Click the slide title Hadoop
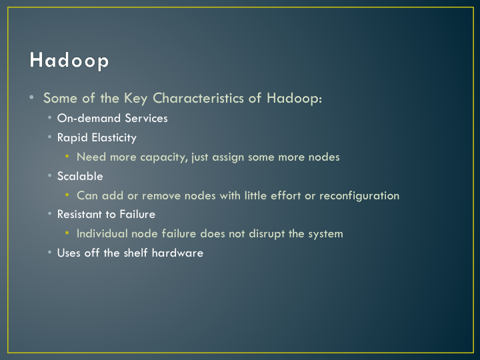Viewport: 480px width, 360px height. pyautogui.click(x=69, y=60)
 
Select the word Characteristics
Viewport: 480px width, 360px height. pyautogui.click(x=199, y=98)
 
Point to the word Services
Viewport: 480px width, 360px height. pyautogui.click(x=146, y=118)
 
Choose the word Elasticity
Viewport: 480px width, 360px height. pyautogui.click(x=114, y=138)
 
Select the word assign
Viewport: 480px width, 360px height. pyautogui.click(x=228, y=157)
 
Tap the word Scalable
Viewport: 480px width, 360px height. pyautogui.click(x=80, y=176)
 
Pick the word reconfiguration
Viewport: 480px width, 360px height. pyautogui.click(x=359, y=195)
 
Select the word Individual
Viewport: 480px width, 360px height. pyautogui.click(x=102, y=233)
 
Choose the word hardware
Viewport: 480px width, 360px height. pyautogui.click(x=177, y=253)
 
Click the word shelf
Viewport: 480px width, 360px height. pyautogui.click(x=135, y=253)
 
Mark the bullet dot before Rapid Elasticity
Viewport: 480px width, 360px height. pyautogui.click(x=49, y=137)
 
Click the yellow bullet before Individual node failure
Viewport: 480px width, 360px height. pyautogui.click(x=67, y=233)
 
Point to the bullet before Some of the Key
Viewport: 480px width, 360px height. pyautogui.click(x=31, y=97)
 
